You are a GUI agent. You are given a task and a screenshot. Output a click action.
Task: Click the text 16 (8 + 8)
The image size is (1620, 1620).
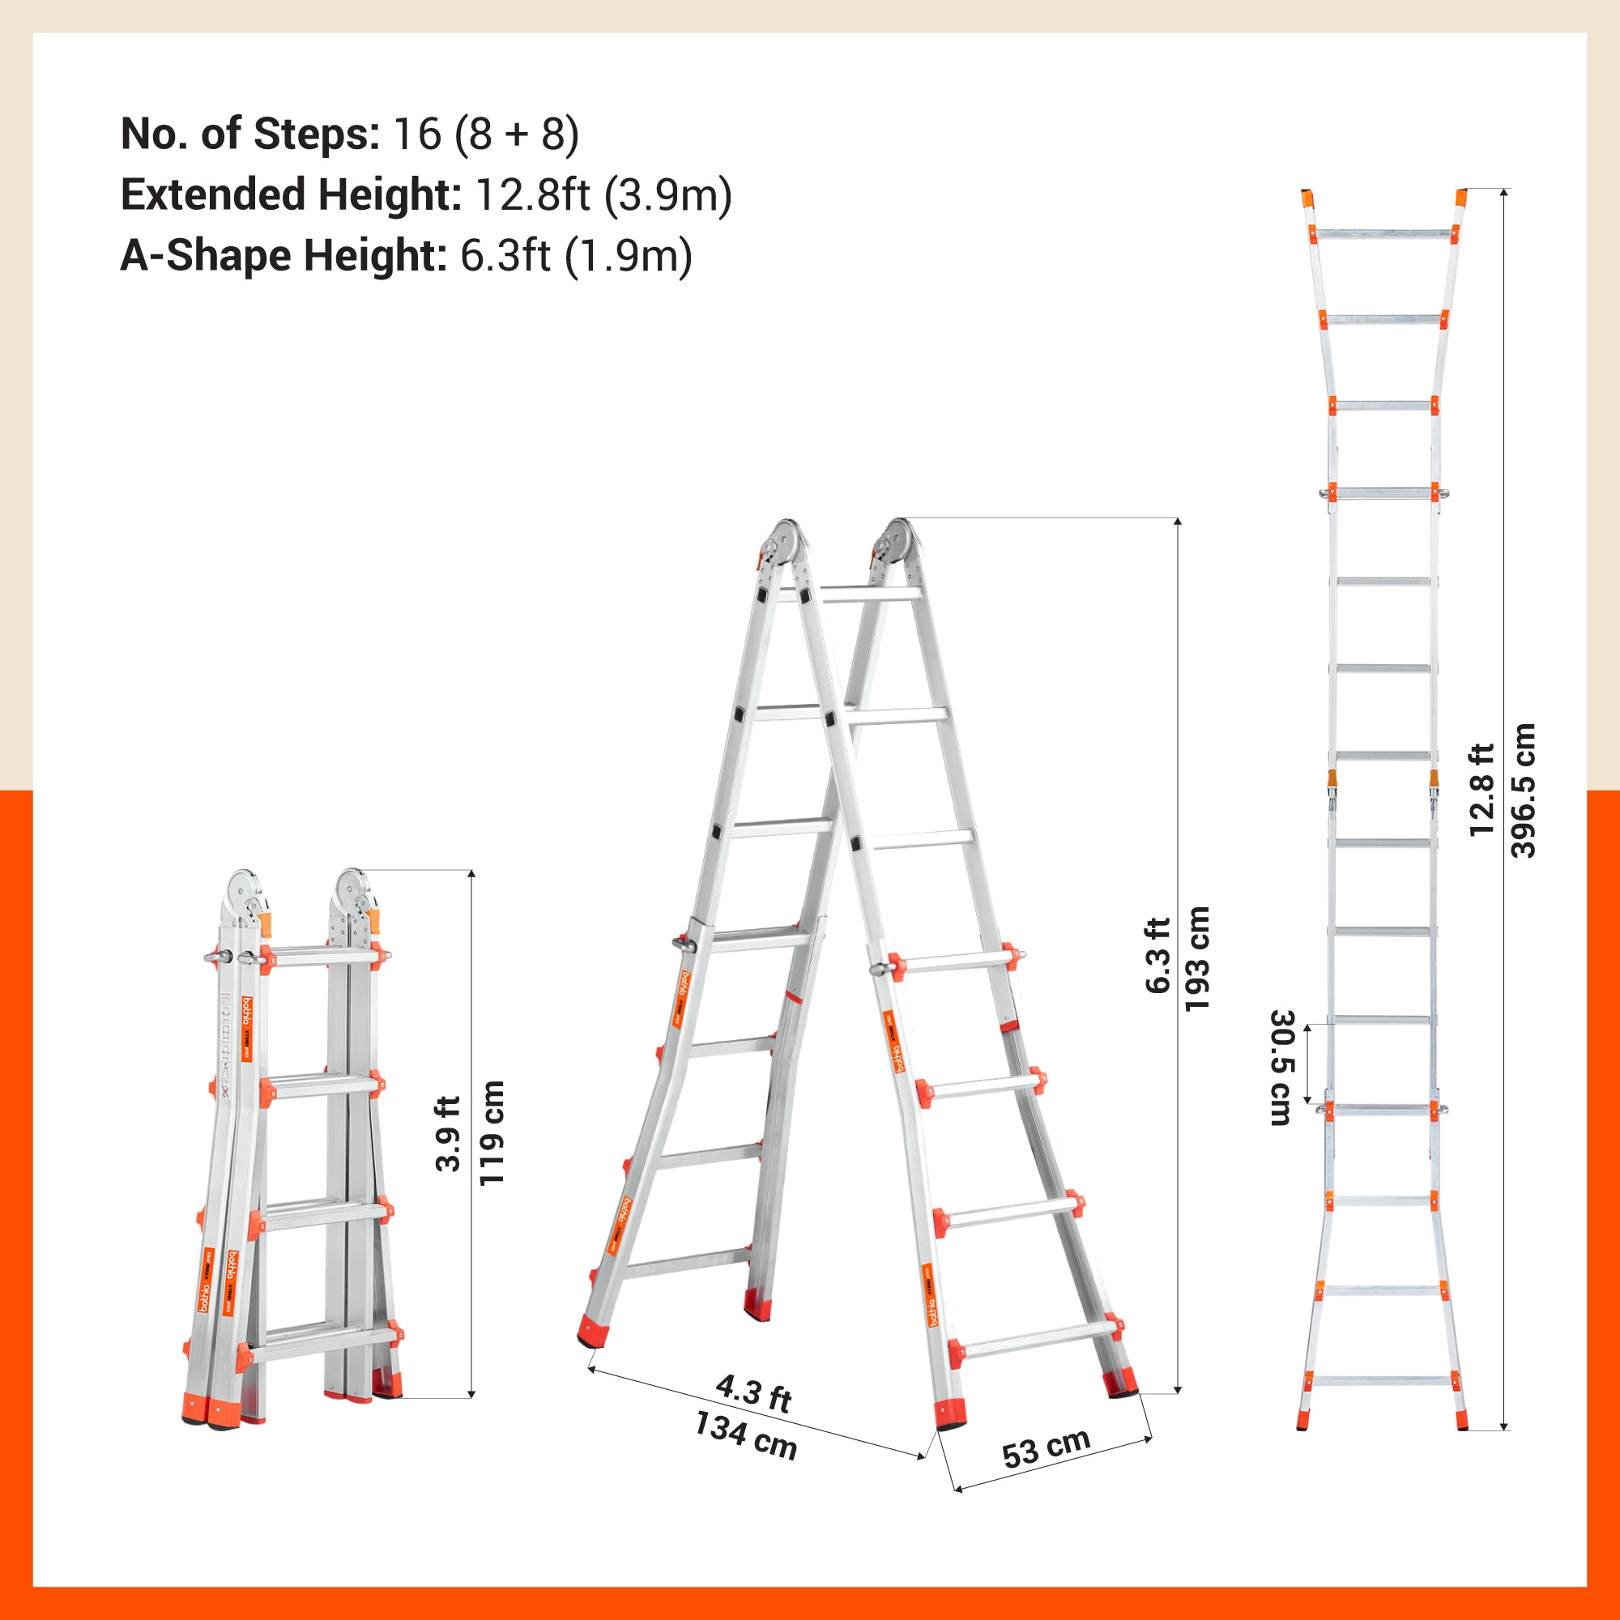pyautogui.click(x=485, y=134)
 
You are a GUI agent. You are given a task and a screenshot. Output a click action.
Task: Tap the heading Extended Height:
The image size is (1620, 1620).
pyautogui.click(x=291, y=194)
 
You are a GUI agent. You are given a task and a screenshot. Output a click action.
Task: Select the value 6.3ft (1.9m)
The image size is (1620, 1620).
pyautogui.click(x=576, y=255)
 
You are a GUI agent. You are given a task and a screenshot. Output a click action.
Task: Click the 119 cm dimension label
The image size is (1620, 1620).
pyautogui.click(x=492, y=1133)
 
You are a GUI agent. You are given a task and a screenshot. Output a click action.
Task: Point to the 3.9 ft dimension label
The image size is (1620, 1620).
pyautogui.click(x=450, y=1134)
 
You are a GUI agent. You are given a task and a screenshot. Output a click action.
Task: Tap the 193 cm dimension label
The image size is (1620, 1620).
pyautogui.click(x=1197, y=959)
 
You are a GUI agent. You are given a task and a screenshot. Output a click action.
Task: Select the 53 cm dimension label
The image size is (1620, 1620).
pyautogui.click(x=1046, y=1447)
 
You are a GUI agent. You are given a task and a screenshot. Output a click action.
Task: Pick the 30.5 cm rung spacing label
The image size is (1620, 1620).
pyautogui.click(x=1282, y=1068)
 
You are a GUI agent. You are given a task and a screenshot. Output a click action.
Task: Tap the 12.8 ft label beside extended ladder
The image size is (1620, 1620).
pyautogui.click(x=1481, y=790)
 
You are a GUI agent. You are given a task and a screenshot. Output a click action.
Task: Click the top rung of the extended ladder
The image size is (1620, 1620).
pyautogui.click(x=1383, y=234)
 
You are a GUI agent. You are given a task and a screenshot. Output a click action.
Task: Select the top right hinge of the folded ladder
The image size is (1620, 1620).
pyautogui.click(x=350, y=890)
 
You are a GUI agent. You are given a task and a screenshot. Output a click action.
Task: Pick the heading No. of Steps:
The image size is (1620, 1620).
pyautogui.click(x=249, y=134)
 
